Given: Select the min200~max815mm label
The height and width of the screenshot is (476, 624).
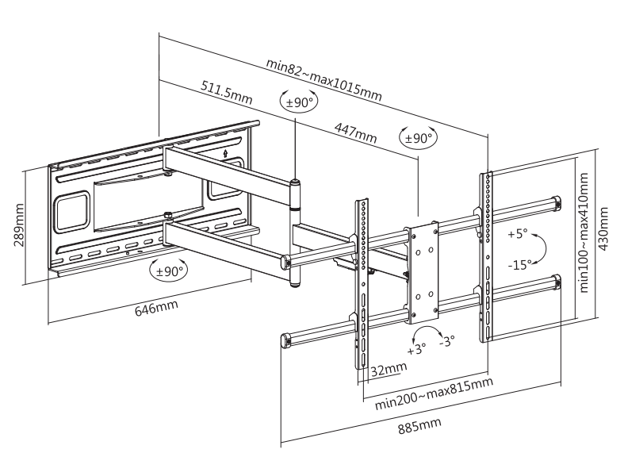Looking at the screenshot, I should click(x=434, y=392).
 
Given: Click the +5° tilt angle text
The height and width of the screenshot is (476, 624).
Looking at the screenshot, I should click(x=517, y=234).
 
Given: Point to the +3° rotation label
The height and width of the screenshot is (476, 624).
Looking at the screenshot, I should click(x=416, y=347).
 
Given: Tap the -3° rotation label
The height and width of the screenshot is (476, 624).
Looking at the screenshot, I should click(x=447, y=341).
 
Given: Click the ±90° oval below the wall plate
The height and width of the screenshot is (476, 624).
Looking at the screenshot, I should click(x=169, y=270).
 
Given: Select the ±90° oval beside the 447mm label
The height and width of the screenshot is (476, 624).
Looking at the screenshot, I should click(x=417, y=138).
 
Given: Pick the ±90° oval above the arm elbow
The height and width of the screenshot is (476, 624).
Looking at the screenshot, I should click(x=299, y=102).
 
